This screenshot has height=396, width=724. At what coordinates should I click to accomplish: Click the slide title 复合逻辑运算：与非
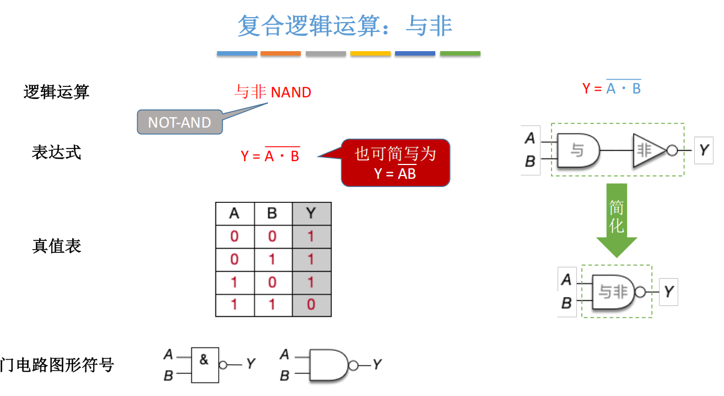[x=345, y=25]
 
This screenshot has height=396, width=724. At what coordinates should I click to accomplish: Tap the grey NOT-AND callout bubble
[x=180, y=122]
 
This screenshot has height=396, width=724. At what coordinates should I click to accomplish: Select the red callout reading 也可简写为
[x=395, y=162]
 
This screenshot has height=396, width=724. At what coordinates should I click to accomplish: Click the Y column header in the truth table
[x=311, y=213]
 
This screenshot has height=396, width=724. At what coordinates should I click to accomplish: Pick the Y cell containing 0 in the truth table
[x=311, y=305]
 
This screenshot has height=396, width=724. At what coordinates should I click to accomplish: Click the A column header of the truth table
[x=234, y=213]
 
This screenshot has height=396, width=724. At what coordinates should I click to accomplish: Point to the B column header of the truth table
[x=272, y=213]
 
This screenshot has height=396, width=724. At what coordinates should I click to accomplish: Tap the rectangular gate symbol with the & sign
[x=204, y=364]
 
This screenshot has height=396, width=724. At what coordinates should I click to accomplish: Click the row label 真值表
[x=57, y=245]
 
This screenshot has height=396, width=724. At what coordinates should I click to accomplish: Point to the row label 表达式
[x=57, y=152]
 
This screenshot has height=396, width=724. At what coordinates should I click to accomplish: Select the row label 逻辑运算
[x=57, y=92]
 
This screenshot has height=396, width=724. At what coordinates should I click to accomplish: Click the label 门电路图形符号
[x=57, y=364]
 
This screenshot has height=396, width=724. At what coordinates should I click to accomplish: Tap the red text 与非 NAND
[x=273, y=92]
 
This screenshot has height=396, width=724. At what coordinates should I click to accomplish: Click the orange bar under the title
[x=280, y=54]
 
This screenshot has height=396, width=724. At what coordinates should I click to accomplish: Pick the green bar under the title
[x=460, y=54]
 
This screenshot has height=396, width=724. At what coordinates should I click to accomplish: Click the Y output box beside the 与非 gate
[x=668, y=291]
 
